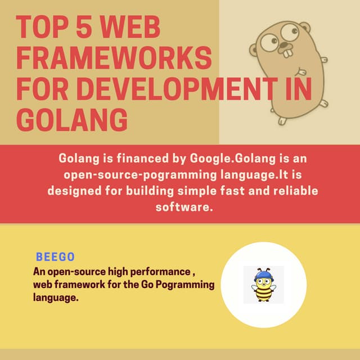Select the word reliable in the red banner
pos(293,191)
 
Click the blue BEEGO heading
pos(55,257)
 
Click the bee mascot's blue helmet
pos(263,276)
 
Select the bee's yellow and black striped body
pos(263,294)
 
